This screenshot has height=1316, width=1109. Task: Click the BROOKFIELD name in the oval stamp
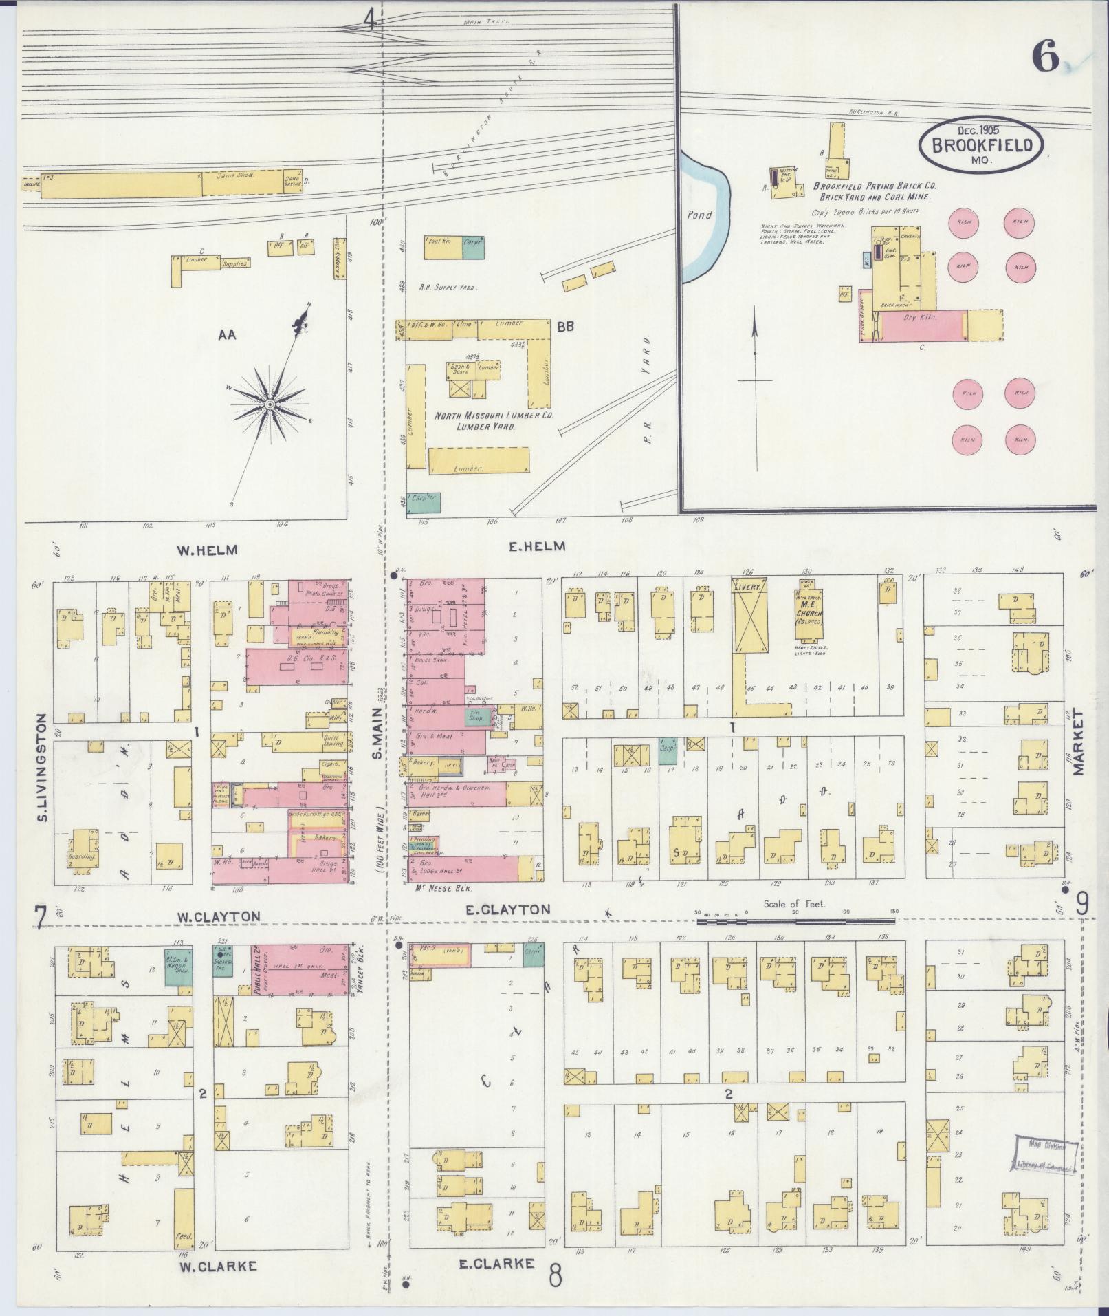(981, 145)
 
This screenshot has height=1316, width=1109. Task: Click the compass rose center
(270, 403)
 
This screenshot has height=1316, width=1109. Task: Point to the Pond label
(700, 215)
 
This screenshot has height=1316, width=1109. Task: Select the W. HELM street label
(207, 550)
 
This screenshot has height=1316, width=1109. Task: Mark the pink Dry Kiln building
(923, 325)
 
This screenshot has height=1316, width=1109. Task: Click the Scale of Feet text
(795, 905)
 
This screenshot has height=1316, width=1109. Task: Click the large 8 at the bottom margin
(555, 1275)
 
